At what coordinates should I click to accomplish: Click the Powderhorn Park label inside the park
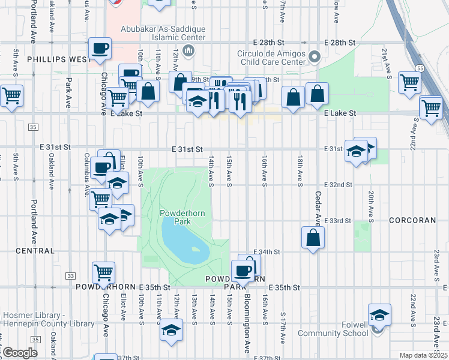(x=174, y=217)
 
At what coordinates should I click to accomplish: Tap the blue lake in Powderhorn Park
(x=180, y=240)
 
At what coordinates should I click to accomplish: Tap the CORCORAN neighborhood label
(x=412, y=221)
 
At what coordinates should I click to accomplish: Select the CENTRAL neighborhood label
(x=35, y=251)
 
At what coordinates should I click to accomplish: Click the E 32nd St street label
(x=338, y=185)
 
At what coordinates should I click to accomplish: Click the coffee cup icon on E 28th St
(x=100, y=48)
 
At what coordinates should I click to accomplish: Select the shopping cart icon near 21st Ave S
(x=410, y=83)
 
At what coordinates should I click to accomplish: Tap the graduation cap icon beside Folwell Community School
(x=379, y=315)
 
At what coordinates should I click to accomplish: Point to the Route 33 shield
(x=71, y=275)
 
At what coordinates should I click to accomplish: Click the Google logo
(x=20, y=353)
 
